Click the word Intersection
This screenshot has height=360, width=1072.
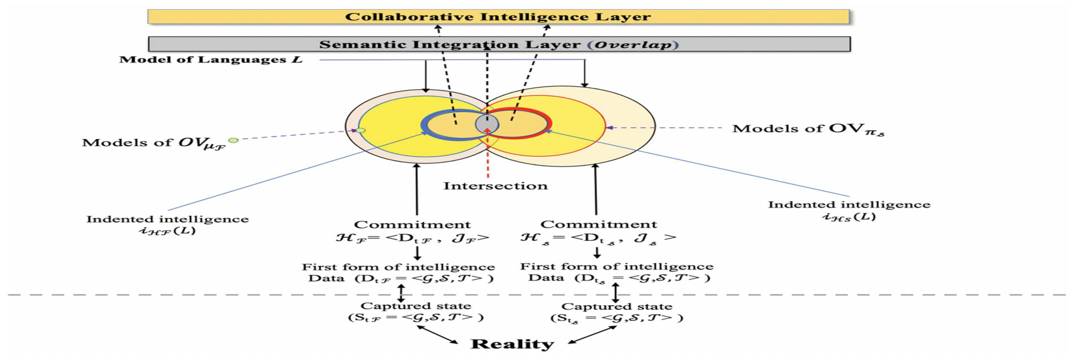(x=495, y=186)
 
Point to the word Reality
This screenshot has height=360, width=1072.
(x=512, y=344)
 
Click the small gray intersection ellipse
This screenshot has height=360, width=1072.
(x=487, y=124)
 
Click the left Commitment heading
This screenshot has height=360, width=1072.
(x=412, y=225)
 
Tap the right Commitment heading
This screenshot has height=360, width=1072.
(x=598, y=225)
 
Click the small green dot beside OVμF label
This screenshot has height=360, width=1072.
(x=233, y=140)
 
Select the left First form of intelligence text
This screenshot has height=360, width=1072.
(x=398, y=267)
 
